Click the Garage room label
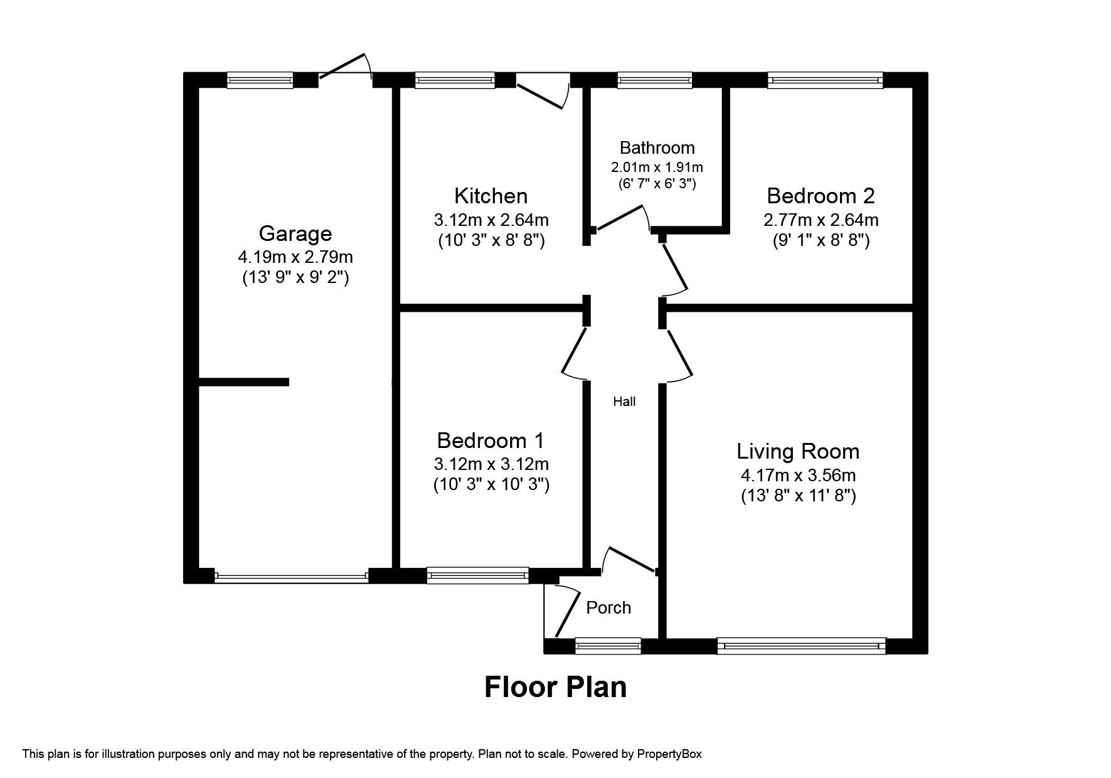pos(295,233)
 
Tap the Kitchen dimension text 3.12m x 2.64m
pos(491,220)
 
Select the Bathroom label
pos(657,148)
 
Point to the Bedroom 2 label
pos(820,196)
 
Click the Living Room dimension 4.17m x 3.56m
pos(798,476)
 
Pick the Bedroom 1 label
pos(491,440)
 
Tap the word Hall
pos(624,402)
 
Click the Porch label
pos(608,607)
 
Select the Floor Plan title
pos(555,687)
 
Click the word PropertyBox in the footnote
pos(669,754)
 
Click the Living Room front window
pos(801,646)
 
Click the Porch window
pos(608,646)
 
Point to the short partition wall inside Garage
pos(243,381)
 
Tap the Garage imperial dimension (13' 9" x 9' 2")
pos(295,277)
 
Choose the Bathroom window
pos(654,80)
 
